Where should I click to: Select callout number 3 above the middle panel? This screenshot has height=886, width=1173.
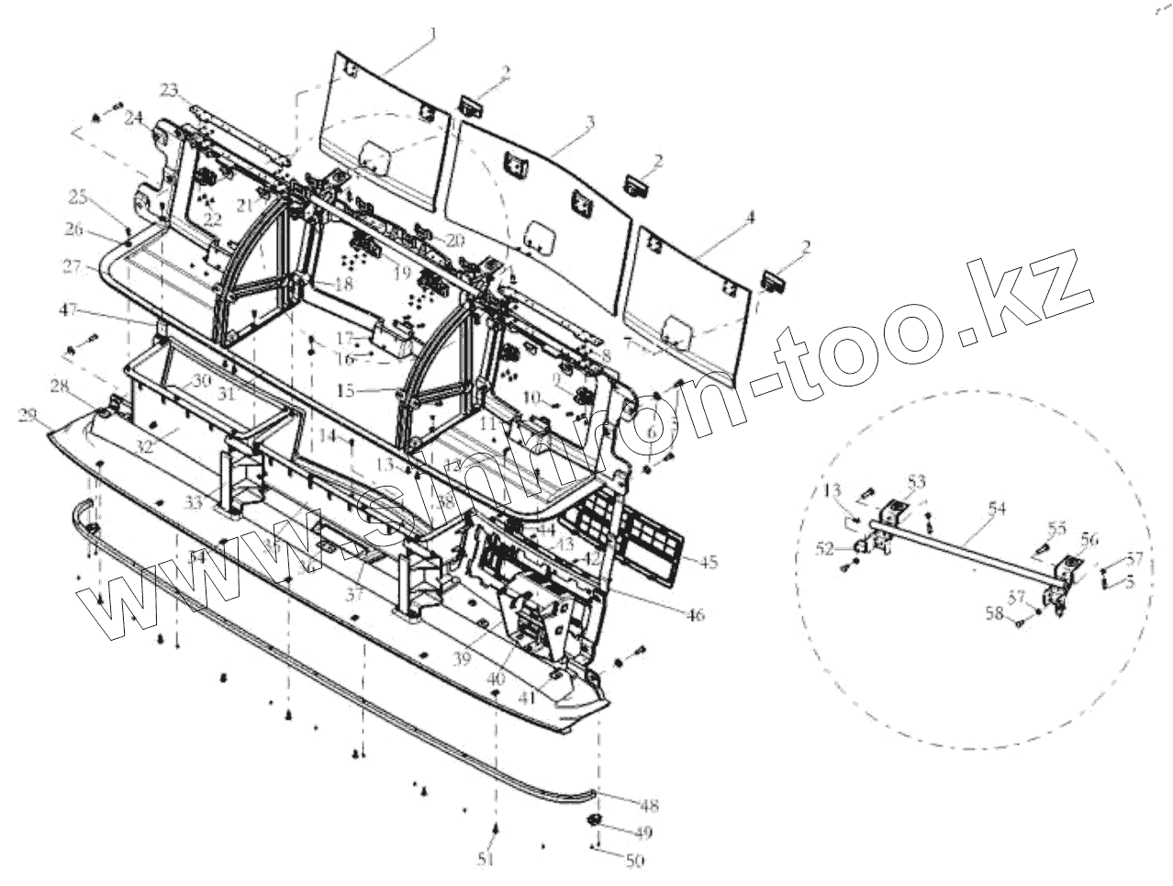(x=588, y=120)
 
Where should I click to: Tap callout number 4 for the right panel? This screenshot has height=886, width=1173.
(x=750, y=218)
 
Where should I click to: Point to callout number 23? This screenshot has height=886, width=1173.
(x=169, y=90)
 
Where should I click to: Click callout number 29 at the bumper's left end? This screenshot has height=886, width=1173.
(x=28, y=417)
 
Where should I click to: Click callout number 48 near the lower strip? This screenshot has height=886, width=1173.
(x=649, y=806)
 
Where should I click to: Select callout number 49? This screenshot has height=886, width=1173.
(x=642, y=833)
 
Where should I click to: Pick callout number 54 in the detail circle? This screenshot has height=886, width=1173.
(x=998, y=507)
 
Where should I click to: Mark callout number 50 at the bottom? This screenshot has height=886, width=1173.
(x=634, y=860)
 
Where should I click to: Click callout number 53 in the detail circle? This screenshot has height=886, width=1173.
(x=917, y=481)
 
